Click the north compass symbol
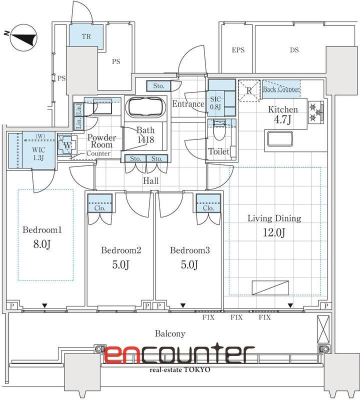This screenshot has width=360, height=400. [x=23, y=37]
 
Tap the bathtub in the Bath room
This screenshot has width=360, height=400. [x=145, y=107]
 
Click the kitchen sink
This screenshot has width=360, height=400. [x=279, y=139]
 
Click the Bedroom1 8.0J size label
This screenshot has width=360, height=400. [x=42, y=244]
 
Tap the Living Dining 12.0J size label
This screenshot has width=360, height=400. [x=274, y=232]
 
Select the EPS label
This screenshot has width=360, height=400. [x=238, y=50]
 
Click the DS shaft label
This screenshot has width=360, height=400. [x=294, y=50]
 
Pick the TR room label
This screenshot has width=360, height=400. [x=86, y=36]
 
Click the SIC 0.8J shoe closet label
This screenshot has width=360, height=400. [x=215, y=103]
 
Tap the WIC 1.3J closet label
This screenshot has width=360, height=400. [x=38, y=154]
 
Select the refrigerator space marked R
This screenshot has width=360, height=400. [x=249, y=90]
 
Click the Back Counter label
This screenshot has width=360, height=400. [x=281, y=89]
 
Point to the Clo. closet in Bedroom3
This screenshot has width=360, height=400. [x=208, y=203]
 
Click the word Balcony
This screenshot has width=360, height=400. [x=170, y=333]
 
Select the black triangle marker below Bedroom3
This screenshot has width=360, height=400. [x=182, y=305]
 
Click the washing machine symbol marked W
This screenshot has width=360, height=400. [x=67, y=145]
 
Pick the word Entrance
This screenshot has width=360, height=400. [x=188, y=104]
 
